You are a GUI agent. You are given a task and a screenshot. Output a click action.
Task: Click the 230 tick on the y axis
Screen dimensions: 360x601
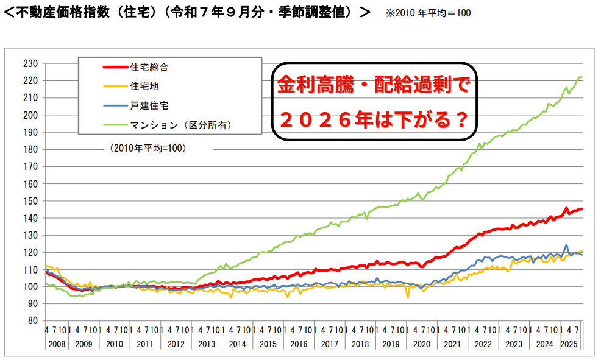(x=30, y=63)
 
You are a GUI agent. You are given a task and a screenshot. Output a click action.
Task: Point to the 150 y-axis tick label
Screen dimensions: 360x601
(x=30, y=201)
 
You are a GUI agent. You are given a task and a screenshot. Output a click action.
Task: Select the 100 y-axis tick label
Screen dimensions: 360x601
(x=30, y=287)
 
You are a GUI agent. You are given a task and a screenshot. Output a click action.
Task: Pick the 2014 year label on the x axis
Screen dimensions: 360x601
(x=238, y=344)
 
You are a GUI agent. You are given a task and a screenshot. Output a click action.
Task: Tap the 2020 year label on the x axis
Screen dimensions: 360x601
(x=422, y=344)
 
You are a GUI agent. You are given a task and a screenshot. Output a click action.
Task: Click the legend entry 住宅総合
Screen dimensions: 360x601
(x=149, y=68)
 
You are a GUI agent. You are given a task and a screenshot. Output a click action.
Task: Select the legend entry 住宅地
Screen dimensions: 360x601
(x=144, y=86)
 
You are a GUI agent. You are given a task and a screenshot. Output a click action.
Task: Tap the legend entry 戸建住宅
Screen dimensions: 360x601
(x=149, y=105)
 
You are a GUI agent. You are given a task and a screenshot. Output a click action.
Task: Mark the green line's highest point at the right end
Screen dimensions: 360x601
(x=580, y=77)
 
